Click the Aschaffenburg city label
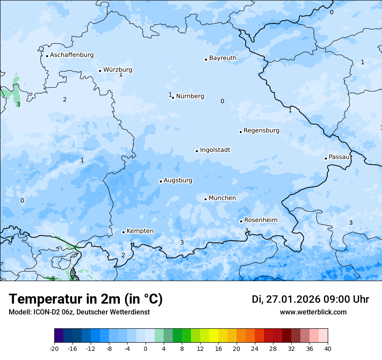[72, 55]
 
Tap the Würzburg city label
[118, 70]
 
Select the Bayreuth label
[223, 58]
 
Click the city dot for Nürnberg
[173, 98]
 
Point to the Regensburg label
[261, 131]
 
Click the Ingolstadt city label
[215, 150]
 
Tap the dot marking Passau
[326, 158]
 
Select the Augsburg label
[178, 180]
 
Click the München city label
[222, 198]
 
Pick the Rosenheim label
[260, 220]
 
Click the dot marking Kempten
[123, 232]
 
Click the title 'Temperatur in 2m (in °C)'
[86, 299]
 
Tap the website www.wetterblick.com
[313, 312]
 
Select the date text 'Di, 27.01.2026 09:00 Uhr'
[310, 299]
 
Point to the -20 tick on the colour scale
[54, 348]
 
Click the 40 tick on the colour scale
[328, 348]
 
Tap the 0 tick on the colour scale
[145, 348]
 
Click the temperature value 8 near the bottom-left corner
[53, 278]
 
